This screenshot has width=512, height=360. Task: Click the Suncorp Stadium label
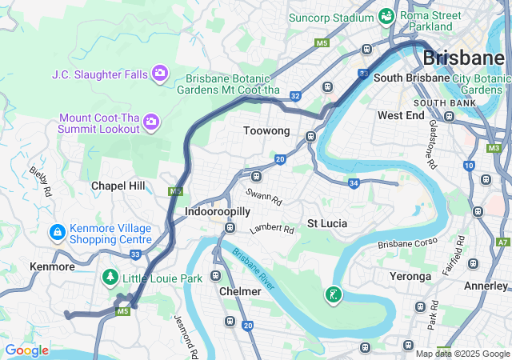coord(332,16)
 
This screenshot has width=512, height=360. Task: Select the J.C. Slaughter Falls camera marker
coord(160,74)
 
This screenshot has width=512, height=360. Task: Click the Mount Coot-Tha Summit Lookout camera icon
coord(151,122)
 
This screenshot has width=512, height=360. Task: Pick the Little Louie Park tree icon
coord(109,278)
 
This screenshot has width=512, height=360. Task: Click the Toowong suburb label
coord(266,130)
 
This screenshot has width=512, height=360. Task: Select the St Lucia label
coord(327,223)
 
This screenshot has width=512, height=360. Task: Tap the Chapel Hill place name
coord(118,186)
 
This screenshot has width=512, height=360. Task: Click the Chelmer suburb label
coord(240,291)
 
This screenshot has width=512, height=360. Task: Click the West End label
coord(401,115)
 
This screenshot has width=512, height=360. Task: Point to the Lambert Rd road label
coord(271,229)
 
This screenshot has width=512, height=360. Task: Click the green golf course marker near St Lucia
coord(333,295)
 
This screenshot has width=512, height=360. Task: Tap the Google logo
coord(26,350)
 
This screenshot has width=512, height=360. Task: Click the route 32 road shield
coord(295,96)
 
